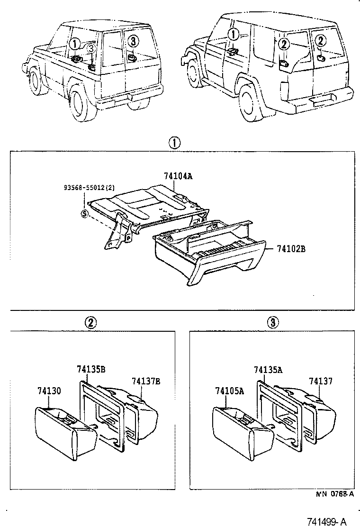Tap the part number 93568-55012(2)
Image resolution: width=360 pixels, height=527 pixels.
pyautogui.click(x=88, y=188)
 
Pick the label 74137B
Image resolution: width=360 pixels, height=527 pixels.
pyautogui.click(x=145, y=381)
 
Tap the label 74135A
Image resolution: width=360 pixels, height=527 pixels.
pyautogui.click(x=268, y=370)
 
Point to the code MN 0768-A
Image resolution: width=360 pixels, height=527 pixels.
pyautogui.click(x=335, y=494)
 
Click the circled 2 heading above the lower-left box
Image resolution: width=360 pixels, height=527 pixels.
pyautogui.click(x=90, y=323)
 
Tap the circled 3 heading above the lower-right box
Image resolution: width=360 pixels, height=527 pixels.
pyautogui.click(x=272, y=323)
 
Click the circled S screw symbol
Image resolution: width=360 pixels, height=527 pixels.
pyautogui.click(x=85, y=214)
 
